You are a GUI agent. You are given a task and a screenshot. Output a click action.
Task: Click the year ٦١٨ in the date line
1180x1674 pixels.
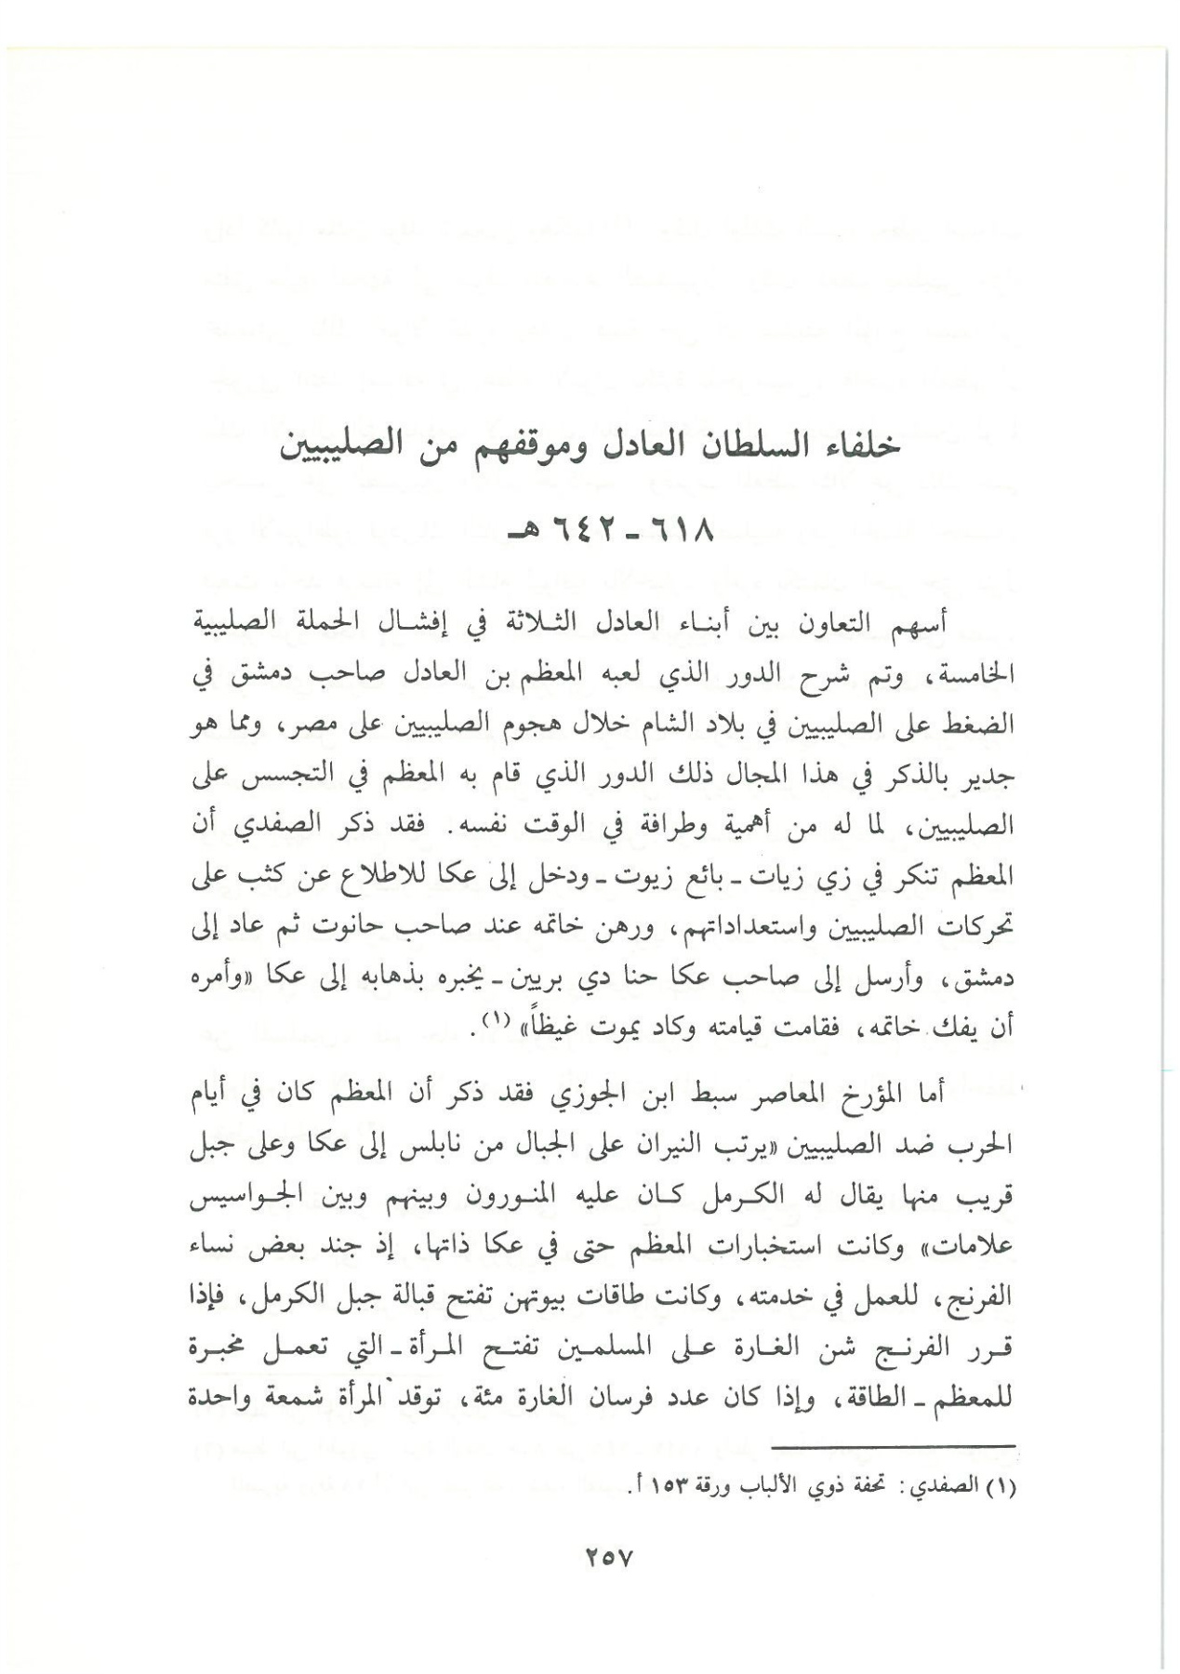682,537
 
